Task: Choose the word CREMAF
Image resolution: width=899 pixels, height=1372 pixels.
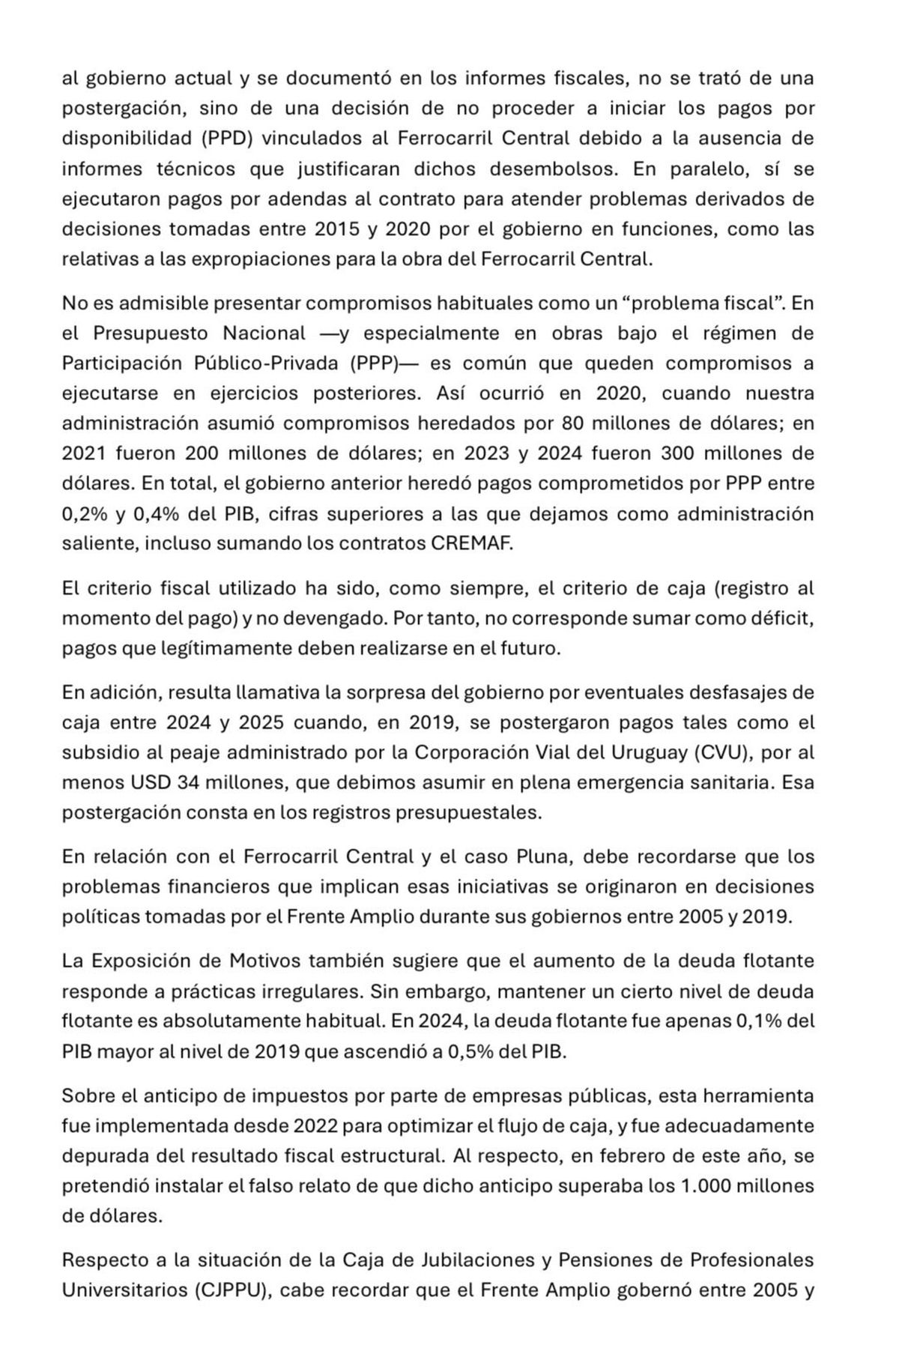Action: (x=471, y=544)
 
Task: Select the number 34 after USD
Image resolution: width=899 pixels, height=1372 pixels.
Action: (x=197, y=783)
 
